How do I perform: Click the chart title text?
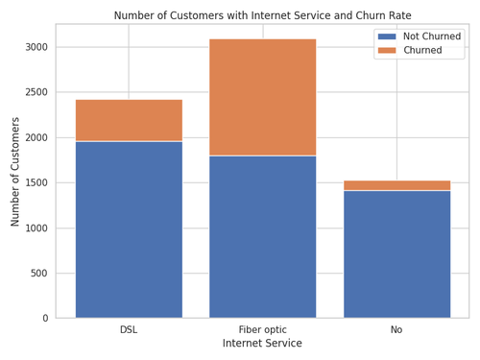pos(263,15)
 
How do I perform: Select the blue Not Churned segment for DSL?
pos(129,229)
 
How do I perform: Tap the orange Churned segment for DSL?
pos(129,120)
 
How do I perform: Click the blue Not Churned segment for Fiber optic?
pos(263,236)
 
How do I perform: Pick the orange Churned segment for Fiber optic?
pos(263,97)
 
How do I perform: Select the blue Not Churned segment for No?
pos(396,254)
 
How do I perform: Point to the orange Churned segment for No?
pos(396,185)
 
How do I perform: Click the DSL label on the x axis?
pos(129,330)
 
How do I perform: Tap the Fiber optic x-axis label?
pos(263,330)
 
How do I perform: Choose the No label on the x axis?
pos(396,330)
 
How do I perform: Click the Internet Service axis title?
pos(262,344)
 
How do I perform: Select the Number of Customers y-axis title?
pos(15,172)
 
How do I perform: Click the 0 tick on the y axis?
pos(44,319)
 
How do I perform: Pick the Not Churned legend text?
pos(432,36)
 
